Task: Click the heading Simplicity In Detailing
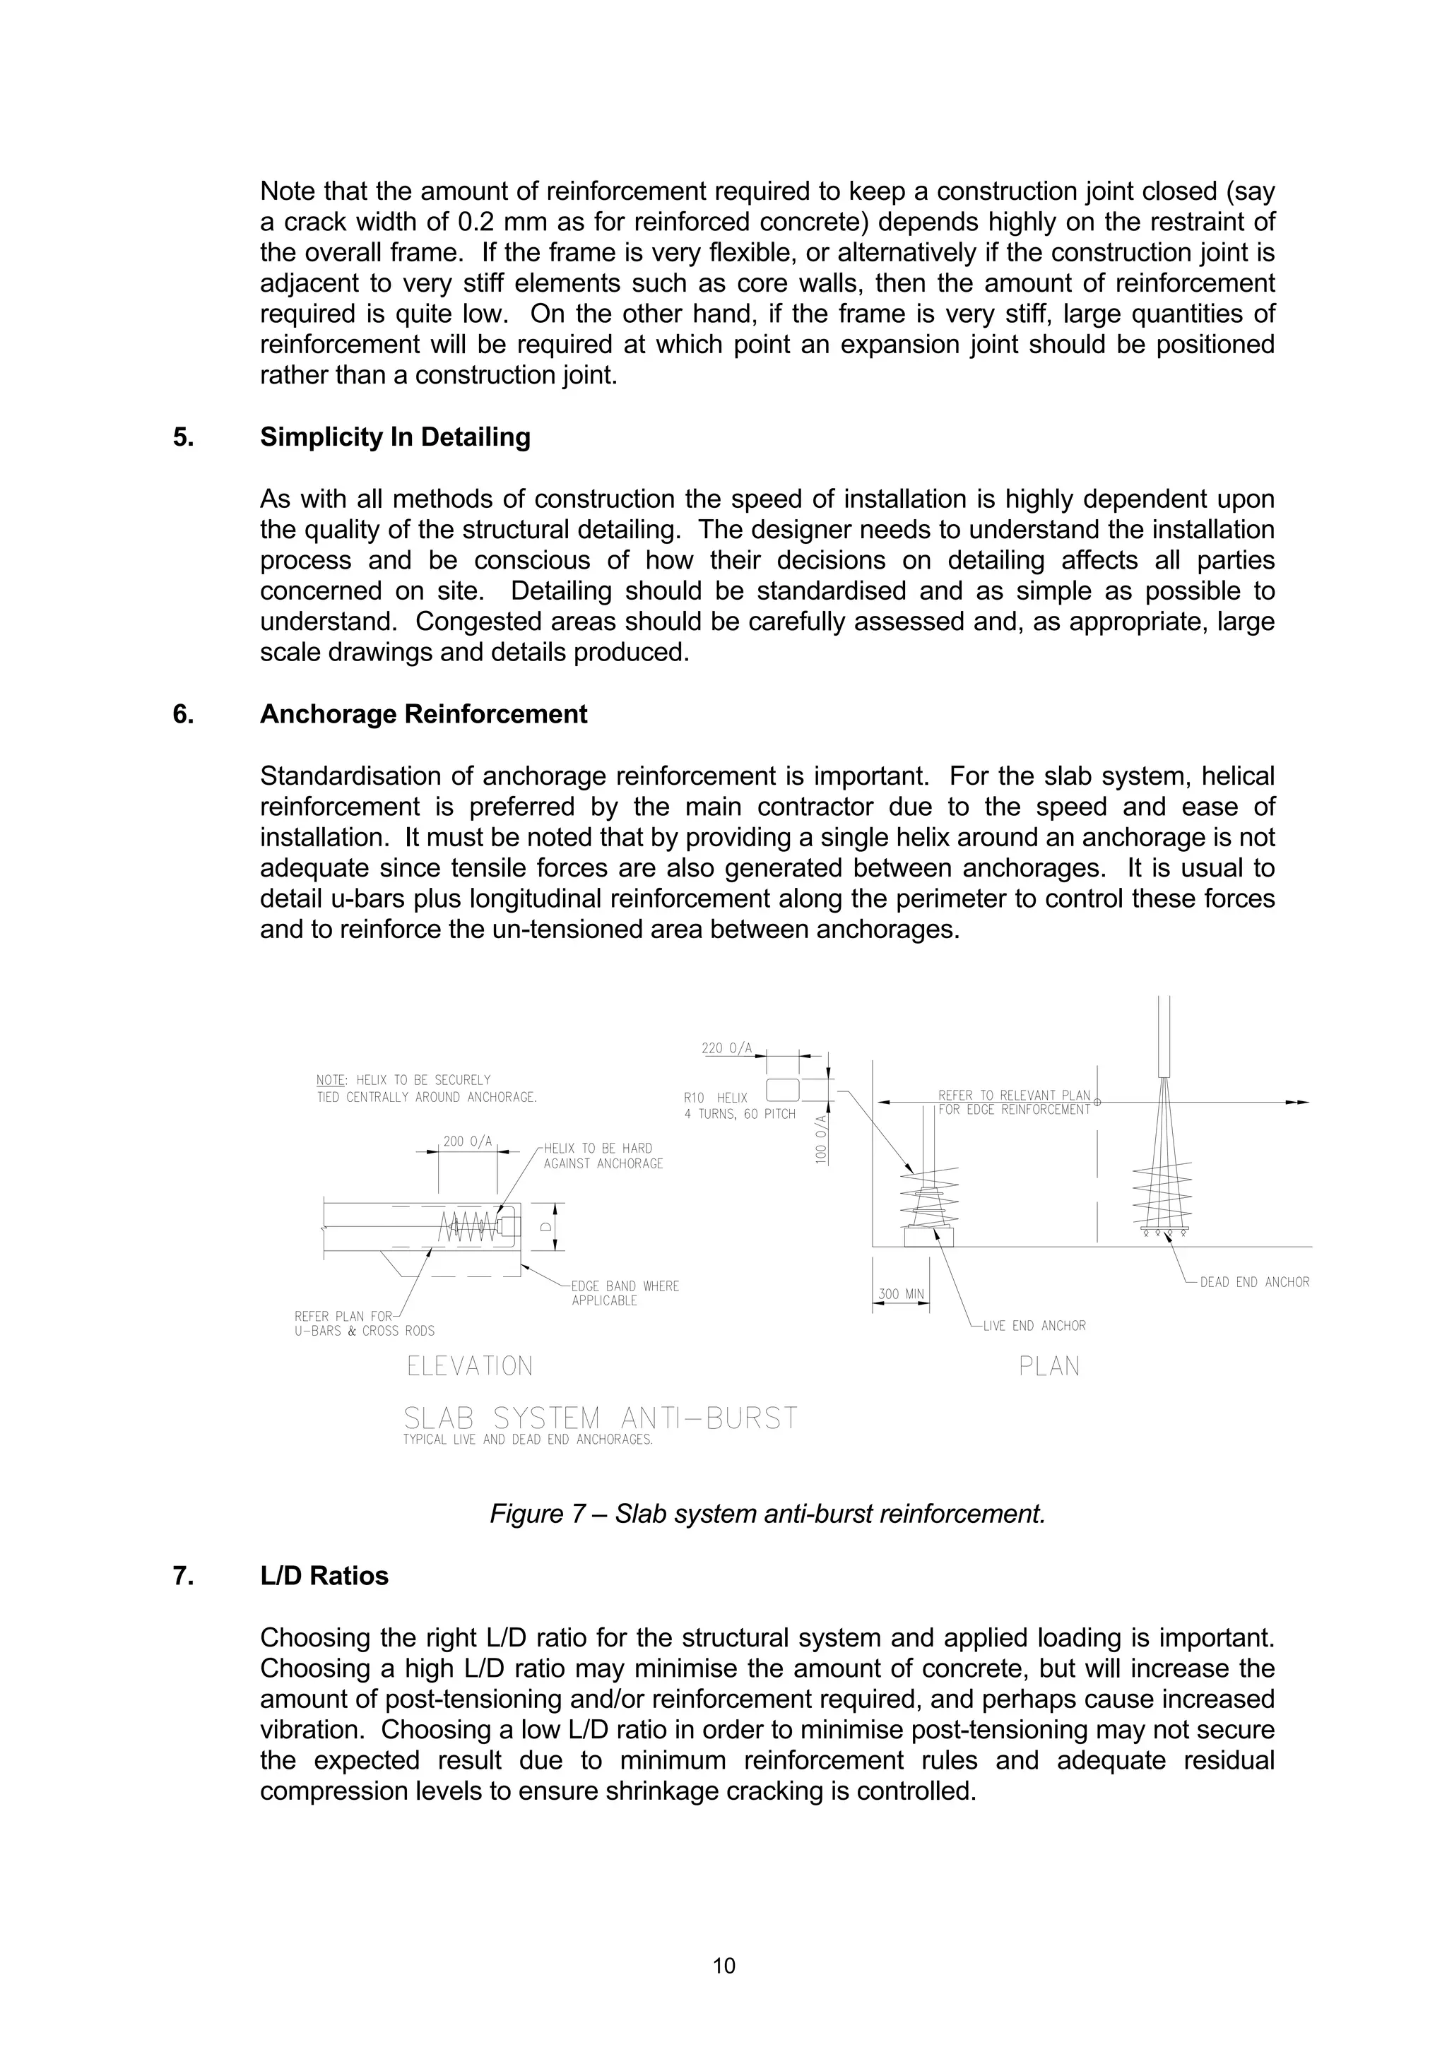[395, 438]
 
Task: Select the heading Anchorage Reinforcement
[423, 714]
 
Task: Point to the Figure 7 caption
[767, 1514]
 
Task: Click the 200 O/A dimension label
[467, 1141]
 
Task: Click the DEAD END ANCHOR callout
[1254, 1282]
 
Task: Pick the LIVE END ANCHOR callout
[1034, 1326]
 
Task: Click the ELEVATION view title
[470, 1366]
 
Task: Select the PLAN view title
[1049, 1366]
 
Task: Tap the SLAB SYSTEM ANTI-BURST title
[600, 1418]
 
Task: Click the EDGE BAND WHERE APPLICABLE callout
[625, 1293]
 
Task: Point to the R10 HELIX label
[716, 1098]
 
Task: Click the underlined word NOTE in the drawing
[331, 1080]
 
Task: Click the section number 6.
[183, 714]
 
